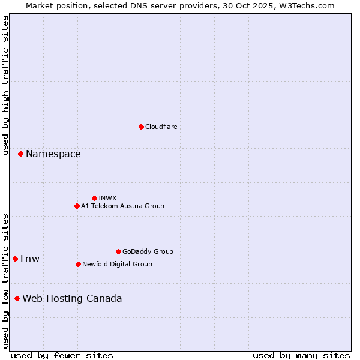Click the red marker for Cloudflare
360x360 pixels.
click(x=141, y=127)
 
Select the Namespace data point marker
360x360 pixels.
click(x=20, y=154)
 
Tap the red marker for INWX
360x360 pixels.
click(x=94, y=198)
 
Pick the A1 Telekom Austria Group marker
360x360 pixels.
click(x=77, y=206)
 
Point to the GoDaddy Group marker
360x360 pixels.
click(x=118, y=251)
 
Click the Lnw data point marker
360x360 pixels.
click(x=15, y=259)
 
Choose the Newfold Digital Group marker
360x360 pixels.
click(x=78, y=264)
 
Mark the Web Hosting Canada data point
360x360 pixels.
click(x=17, y=298)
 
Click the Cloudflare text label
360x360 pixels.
click(x=161, y=127)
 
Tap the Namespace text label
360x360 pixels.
click(x=53, y=154)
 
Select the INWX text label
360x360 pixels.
click(x=107, y=198)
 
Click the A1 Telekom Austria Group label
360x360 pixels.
click(x=122, y=206)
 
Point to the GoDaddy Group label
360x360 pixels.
click(x=148, y=251)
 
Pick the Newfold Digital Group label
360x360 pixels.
click(x=117, y=264)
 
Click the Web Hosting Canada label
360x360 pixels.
click(x=72, y=299)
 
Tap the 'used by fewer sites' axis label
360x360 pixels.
click(x=62, y=355)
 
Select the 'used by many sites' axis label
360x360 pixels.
click(x=301, y=355)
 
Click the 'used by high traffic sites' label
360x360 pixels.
click(x=5, y=85)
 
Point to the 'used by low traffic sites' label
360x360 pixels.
click(x=5, y=281)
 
